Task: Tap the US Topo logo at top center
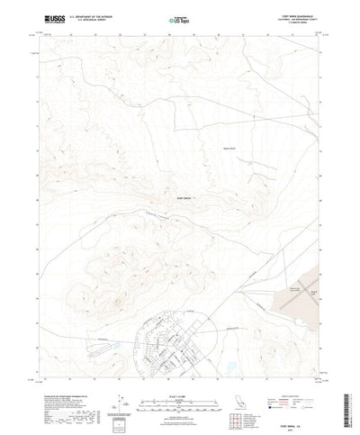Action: (177, 19)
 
